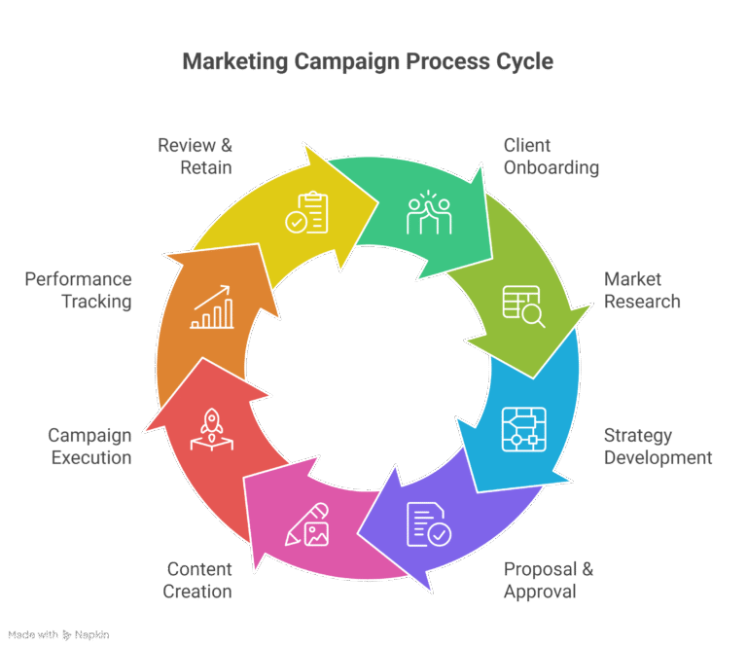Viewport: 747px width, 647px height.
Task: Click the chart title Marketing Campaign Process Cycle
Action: coord(368,62)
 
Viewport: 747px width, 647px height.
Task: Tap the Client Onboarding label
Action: coord(551,157)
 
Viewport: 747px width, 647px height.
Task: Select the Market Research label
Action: coord(642,290)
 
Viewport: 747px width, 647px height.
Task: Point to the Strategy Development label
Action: coord(658,447)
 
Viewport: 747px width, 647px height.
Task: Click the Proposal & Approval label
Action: coord(549,580)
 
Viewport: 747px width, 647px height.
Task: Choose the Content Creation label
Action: coord(198,580)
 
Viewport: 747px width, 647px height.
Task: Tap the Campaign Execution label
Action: coord(89,447)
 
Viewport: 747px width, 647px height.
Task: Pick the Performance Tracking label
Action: coord(78,290)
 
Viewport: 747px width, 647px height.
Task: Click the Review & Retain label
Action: coord(196,157)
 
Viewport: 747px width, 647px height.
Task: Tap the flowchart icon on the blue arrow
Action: coord(523,429)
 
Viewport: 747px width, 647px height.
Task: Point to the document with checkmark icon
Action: coord(428,523)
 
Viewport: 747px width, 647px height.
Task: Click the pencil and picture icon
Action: coord(307,523)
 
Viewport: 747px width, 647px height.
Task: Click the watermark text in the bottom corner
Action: coord(58,635)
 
